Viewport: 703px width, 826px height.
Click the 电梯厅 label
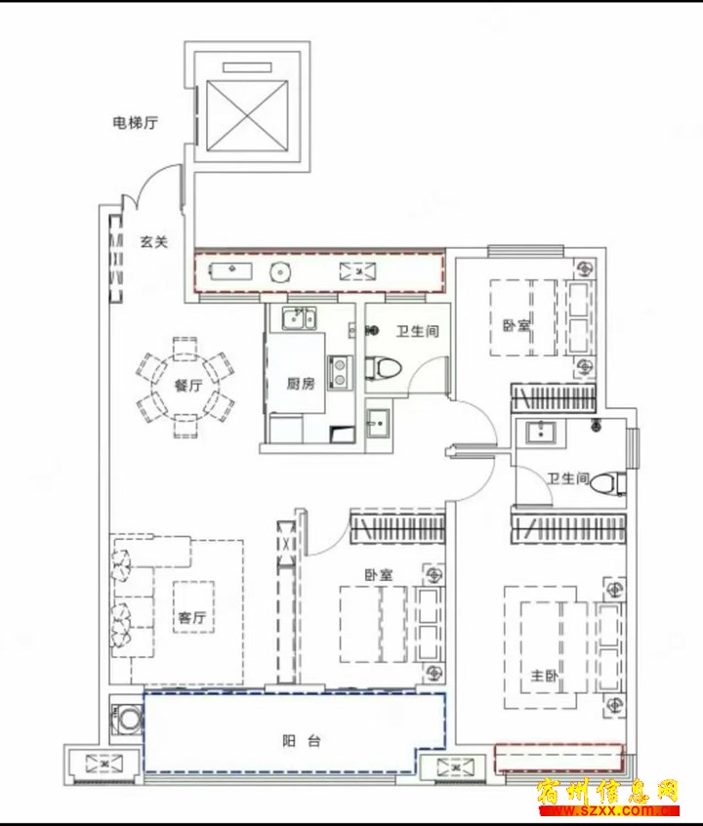point(136,123)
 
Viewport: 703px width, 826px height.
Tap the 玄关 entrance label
point(154,242)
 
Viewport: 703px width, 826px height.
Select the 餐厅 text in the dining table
point(188,386)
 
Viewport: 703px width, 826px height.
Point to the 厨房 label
point(301,384)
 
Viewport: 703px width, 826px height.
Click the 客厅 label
point(191,616)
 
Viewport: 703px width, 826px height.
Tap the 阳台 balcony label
point(302,741)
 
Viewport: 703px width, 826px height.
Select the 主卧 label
point(544,675)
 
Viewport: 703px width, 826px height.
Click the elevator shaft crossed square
point(247,115)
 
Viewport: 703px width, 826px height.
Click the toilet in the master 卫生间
point(608,483)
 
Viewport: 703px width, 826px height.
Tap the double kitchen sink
point(299,318)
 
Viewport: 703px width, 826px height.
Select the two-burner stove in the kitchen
point(340,372)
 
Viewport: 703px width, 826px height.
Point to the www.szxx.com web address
point(607,811)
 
